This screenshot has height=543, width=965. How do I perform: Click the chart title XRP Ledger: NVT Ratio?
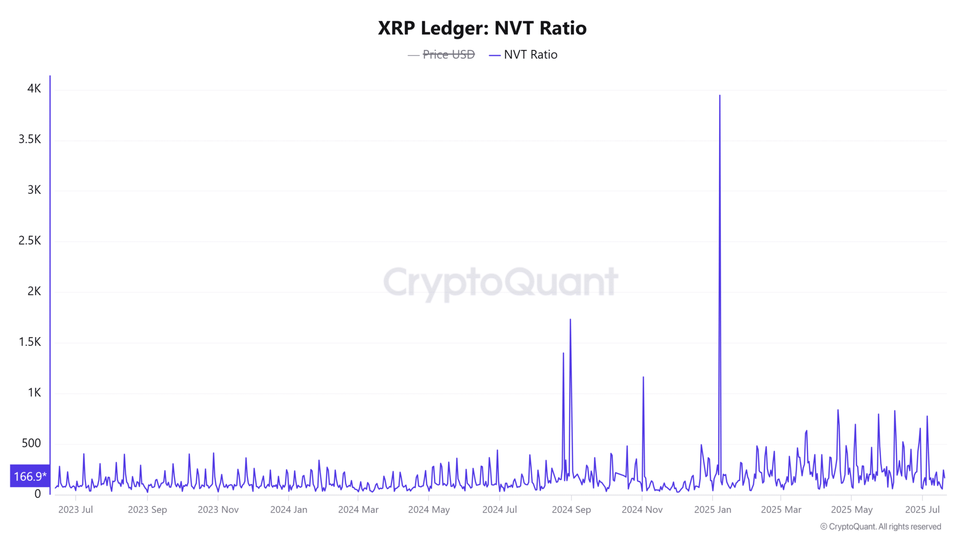click(482, 28)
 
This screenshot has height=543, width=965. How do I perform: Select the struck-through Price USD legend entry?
click(448, 55)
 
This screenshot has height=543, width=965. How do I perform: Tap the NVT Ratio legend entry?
click(530, 55)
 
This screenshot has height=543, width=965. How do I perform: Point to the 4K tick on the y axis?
click(34, 89)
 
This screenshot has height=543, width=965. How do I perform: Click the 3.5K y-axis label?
click(30, 139)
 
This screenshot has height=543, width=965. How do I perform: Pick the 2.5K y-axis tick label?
click(30, 240)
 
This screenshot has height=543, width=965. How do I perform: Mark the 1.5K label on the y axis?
click(30, 342)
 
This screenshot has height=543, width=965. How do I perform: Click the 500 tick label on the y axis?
click(31, 443)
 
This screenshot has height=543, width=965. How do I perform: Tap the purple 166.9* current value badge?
click(30, 476)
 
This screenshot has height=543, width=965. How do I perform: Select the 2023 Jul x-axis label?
click(75, 510)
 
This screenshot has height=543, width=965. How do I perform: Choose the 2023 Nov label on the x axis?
click(218, 510)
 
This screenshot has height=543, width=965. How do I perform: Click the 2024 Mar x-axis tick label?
click(358, 510)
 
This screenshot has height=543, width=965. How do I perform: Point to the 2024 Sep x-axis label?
click(571, 510)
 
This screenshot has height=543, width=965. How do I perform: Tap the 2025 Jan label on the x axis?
click(712, 510)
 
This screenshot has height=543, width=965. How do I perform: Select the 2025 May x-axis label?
click(851, 510)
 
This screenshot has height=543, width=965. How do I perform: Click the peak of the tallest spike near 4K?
click(720, 96)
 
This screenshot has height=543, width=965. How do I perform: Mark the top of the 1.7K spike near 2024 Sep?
click(570, 320)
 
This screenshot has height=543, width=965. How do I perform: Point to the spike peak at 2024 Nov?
click(643, 377)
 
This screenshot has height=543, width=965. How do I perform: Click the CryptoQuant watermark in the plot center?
click(500, 282)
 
